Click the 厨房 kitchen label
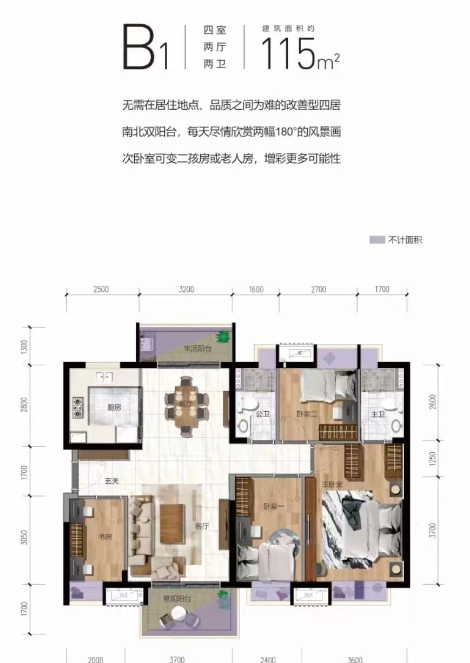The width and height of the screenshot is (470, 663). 114,407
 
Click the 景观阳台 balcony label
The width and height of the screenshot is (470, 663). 177,599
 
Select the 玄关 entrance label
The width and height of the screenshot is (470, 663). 112,479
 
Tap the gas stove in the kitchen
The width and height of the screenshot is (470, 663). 78,408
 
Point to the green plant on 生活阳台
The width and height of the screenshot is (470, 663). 221,337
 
